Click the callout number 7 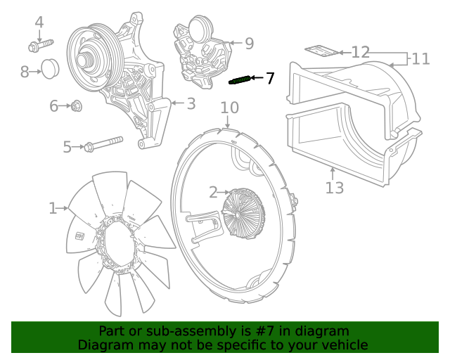coord(270,78)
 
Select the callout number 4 coord(39,22)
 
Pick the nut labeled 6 coord(77,106)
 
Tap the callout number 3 coord(191,103)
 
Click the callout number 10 coord(230,108)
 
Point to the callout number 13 coord(335,188)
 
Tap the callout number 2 coord(213,192)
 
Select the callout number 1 coord(53,208)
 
